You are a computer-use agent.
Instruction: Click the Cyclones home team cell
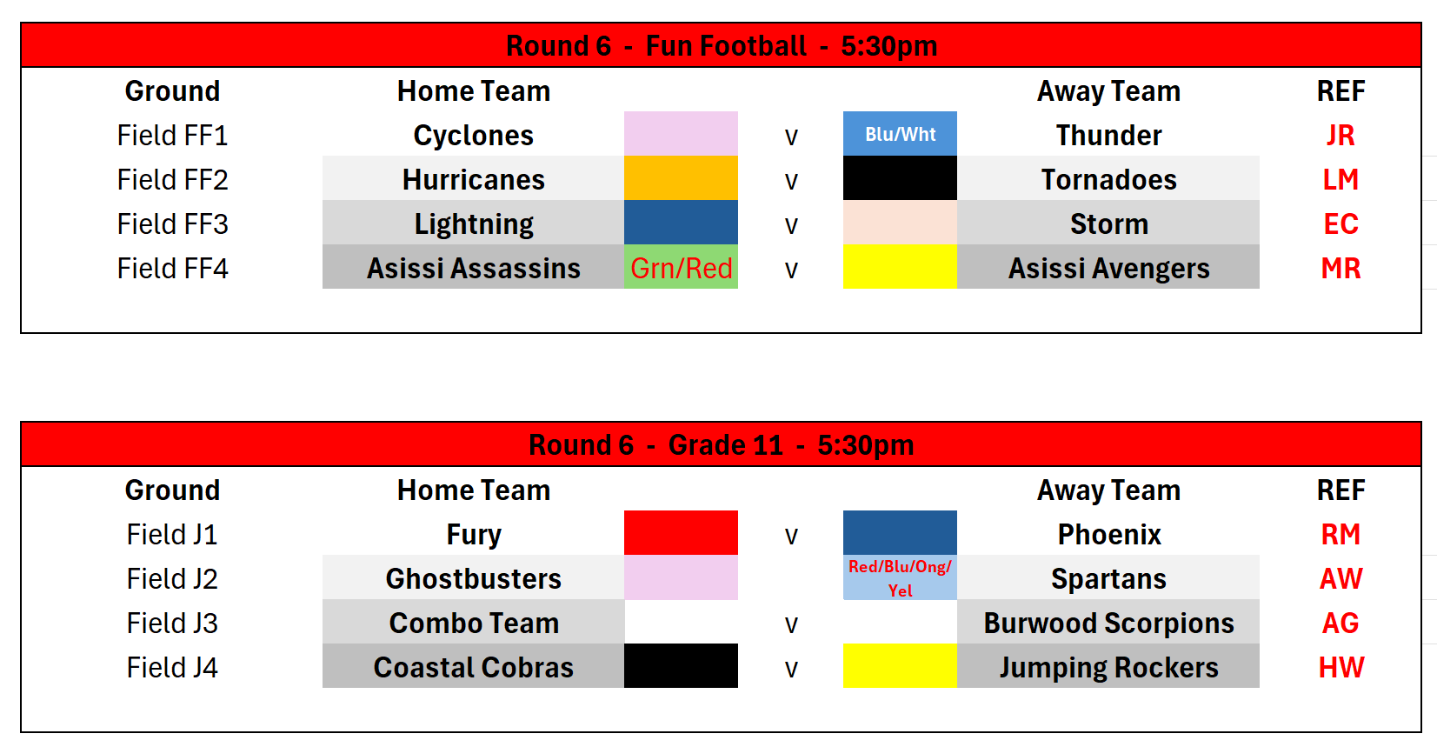474,136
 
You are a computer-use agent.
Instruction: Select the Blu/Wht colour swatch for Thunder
900,133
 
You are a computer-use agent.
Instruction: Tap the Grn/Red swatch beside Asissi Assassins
681,267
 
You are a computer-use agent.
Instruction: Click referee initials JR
1341,136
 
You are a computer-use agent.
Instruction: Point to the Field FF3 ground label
173,224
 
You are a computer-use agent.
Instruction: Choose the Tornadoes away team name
1108,180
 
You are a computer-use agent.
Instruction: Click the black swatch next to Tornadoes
900,177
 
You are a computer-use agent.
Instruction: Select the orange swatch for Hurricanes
681,177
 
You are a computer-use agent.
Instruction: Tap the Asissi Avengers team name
1108,268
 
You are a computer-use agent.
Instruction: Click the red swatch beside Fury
681,533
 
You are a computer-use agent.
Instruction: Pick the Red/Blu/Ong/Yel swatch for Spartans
900,577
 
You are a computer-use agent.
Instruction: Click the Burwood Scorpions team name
1108,624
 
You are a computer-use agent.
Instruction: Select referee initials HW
1341,667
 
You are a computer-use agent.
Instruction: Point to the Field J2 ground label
173,579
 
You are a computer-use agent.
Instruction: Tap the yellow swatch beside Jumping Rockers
900,665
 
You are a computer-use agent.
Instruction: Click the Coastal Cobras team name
474,667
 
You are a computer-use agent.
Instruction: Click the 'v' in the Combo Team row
791,624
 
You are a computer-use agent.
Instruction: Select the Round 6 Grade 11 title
721,444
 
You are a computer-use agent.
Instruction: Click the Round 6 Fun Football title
721,45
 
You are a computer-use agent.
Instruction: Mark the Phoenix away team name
1108,535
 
